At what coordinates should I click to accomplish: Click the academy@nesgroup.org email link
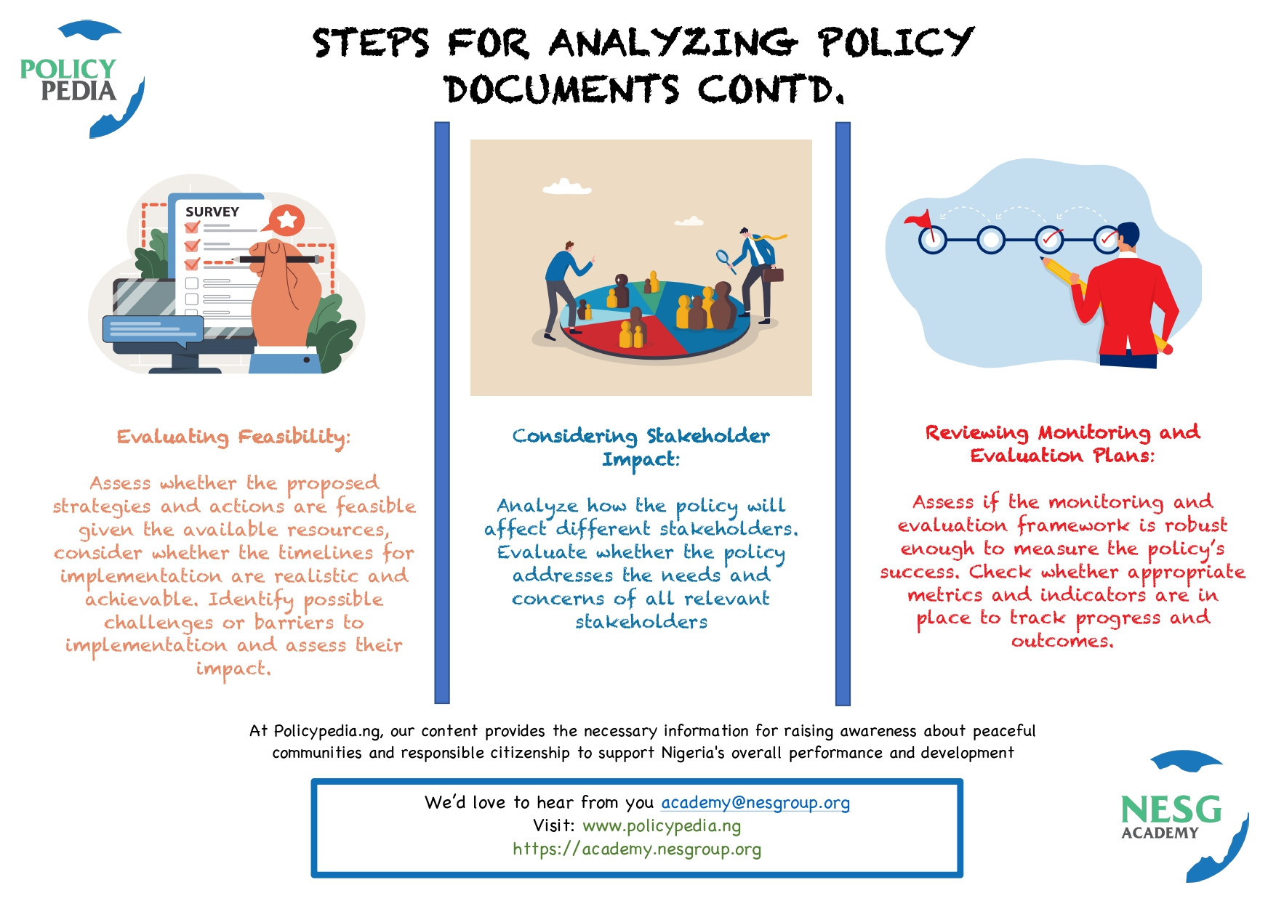pyautogui.click(x=755, y=802)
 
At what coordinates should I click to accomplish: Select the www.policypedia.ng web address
pyautogui.click(x=662, y=825)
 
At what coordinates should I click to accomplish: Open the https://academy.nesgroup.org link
pyautogui.click(x=637, y=849)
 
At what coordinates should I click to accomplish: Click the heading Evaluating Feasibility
pyautogui.click(x=233, y=437)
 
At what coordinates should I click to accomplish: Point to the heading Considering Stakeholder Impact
pyautogui.click(x=641, y=447)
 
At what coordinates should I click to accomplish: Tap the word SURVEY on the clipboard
pyautogui.click(x=212, y=211)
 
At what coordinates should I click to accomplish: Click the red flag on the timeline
pyautogui.click(x=919, y=219)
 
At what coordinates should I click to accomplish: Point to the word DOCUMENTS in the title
pyautogui.click(x=561, y=90)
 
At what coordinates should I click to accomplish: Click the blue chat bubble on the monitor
pyautogui.click(x=153, y=329)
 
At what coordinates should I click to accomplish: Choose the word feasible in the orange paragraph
pyautogui.click(x=376, y=506)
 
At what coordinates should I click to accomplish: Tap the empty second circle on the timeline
pyautogui.click(x=990, y=239)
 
